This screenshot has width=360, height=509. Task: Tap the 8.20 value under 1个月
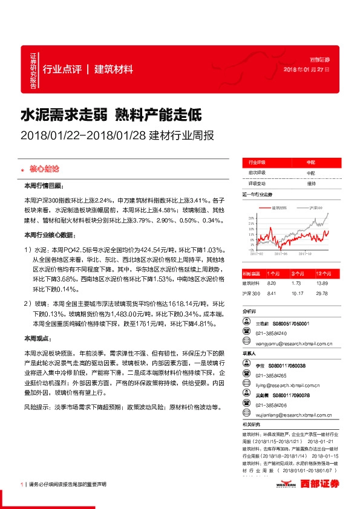271,283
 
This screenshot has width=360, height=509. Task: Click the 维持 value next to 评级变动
311,183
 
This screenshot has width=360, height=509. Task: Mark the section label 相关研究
252,424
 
